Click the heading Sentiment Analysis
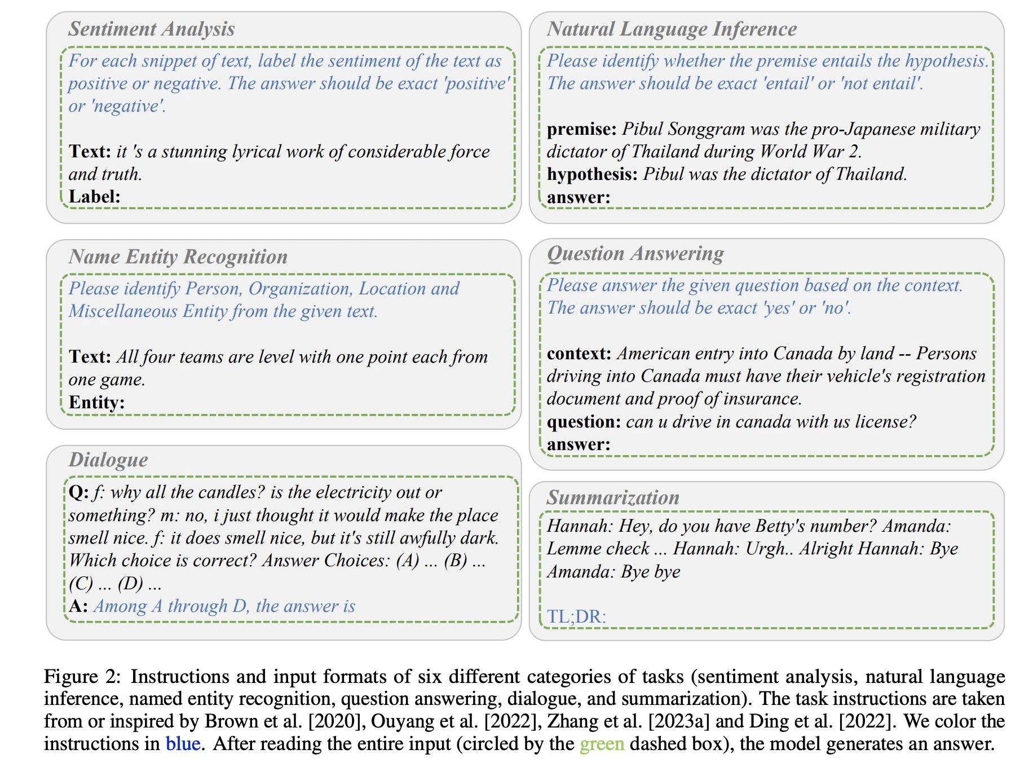pyautogui.click(x=151, y=29)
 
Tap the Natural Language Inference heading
pyautogui.click(x=672, y=29)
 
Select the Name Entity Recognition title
pyautogui.click(x=178, y=257)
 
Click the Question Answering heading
pyautogui.click(x=635, y=254)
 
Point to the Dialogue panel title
pyautogui.click(x=108, y=460)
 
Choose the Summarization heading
pyautogui.click(x=613, y=497)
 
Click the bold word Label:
pyautogui.click(x=95, y=197)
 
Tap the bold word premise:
pyautogui.click(x=582, y=129)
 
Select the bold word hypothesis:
pyautogui.click(x=592, y=174)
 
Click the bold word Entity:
pyautogui.click(x=97, y=403)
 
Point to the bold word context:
pyautogui.click(x=579, y=354)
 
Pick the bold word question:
pyautogui.click(x=584, y=422)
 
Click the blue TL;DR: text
pyautogui.click(x=576, y=616)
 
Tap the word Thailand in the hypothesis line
pyautogui.click(x=871, y=174)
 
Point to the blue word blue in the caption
pyautogui.click(x=183, y=744)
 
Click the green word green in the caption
pyautogui.click(x=602, y=744)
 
